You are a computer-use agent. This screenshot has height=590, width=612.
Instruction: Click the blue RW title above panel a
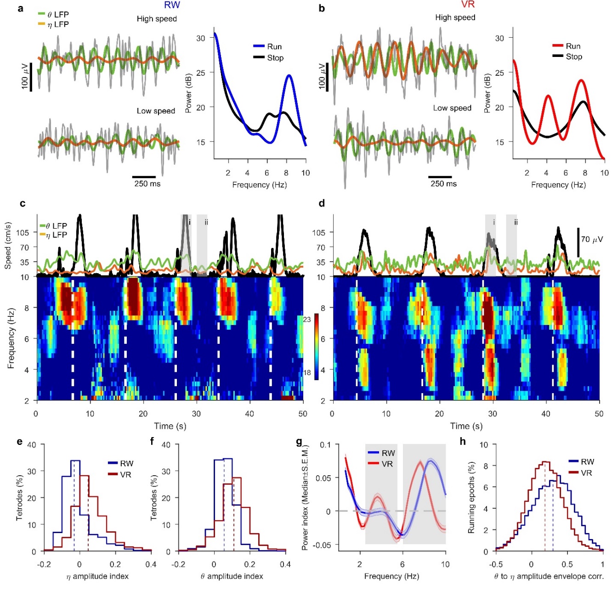click(172, 5)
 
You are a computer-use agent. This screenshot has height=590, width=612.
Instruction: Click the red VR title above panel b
click(468, 5)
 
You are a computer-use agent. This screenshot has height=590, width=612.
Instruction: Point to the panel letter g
click(300, 442)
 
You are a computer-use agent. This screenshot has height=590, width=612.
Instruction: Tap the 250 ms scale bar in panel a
click(144, 176)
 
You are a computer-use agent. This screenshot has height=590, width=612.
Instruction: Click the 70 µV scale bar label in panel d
click(592, 239)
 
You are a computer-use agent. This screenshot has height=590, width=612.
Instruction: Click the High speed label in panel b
click(455, 17)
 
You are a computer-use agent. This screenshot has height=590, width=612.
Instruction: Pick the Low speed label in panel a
click(156, 111)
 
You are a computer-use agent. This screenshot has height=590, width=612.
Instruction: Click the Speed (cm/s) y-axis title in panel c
click(8, 246)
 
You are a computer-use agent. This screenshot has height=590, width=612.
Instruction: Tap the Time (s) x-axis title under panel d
click(466, 426)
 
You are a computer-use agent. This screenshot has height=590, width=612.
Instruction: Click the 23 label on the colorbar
click(306, 320)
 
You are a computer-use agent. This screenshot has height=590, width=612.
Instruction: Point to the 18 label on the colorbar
click(306, 372)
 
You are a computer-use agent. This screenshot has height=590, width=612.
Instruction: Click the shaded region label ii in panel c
click(206, 222)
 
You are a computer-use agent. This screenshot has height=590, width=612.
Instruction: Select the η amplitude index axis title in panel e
click(97, 576)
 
